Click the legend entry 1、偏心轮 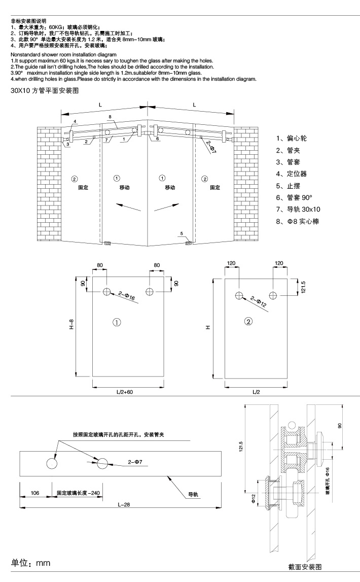[292, 138]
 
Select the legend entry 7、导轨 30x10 [298, 209]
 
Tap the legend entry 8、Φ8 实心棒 [298, 222]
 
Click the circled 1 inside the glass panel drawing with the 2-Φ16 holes [116, 322]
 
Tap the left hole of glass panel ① [107, 291]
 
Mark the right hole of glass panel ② [273, 295]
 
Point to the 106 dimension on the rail [35, 492]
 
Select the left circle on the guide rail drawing [52, 463]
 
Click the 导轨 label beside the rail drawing [193, 494]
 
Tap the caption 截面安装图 [304, 567]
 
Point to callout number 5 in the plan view [181, 234]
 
